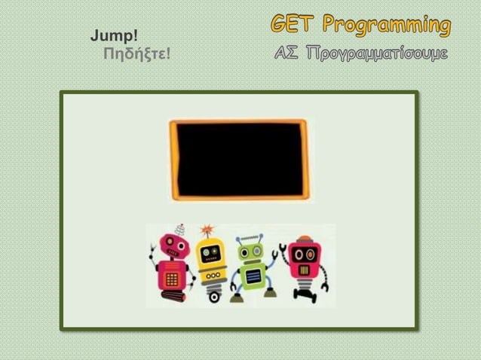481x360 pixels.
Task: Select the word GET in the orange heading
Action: click(293, 26)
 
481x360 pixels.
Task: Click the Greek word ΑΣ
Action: click(288, 53)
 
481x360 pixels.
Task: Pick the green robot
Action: click(250, 267)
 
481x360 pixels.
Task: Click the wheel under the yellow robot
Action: click(214, 297)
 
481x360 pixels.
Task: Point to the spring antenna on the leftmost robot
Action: click(179, 230)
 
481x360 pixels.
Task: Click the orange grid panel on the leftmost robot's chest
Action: click(172, 279)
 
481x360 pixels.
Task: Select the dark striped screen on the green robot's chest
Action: click(252, 276)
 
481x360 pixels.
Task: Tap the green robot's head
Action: click(250, 249)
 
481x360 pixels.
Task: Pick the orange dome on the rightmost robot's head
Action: click(305, 240)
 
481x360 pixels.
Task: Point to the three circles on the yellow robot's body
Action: click(210, 275)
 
